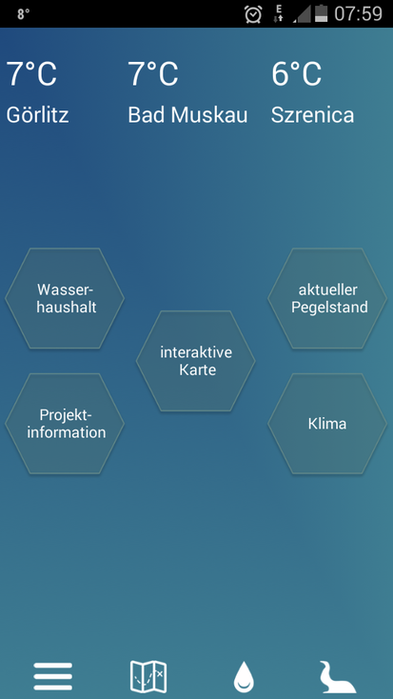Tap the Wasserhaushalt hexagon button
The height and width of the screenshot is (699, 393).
point(65,298)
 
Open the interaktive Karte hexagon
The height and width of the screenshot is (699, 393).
point(196,361)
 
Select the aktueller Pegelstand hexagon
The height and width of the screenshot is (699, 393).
point(327,298)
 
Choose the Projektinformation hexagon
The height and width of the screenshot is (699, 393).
point(65,424)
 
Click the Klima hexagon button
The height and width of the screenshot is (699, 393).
point(327,424)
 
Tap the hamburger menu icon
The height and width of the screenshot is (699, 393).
point(52,676)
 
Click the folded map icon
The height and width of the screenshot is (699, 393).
point(148,676)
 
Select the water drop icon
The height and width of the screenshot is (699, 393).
point(244,677)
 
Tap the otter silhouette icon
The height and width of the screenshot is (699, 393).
point(337,677)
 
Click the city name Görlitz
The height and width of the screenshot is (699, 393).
point(37,115)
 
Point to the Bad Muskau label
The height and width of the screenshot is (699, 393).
point(187,115)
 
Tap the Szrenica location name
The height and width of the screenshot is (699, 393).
point(312,115)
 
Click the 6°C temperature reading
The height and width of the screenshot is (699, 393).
point(296,73)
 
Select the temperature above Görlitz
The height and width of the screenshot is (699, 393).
point(31,73)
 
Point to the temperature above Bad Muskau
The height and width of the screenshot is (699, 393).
point(153,73)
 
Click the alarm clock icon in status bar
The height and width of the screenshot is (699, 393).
point(253,14)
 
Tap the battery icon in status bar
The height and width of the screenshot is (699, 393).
point(322,13)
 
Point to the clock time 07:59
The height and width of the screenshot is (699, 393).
point(358,14)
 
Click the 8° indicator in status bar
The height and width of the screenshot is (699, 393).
point(24,14)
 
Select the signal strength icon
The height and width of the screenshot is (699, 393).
point(302,14)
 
